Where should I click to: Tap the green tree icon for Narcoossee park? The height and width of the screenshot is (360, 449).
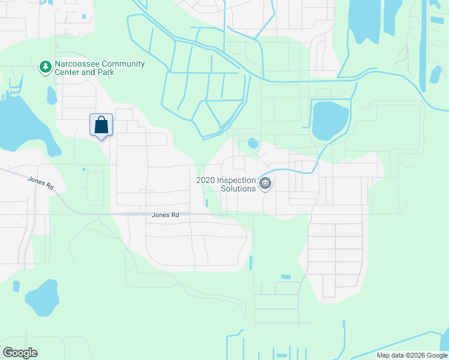[45, 67]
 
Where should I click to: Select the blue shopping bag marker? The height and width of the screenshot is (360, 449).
[101, 125]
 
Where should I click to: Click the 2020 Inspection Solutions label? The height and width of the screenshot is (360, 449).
[226, 184]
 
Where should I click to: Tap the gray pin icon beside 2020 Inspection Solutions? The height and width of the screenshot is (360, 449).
[265, 184]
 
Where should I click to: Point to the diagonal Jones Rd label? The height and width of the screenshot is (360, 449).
[41, 183]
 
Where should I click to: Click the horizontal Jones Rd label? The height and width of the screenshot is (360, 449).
[166, 215]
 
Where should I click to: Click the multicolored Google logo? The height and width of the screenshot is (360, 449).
[20, 353]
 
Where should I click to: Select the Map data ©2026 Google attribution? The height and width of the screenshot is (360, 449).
[412, 355]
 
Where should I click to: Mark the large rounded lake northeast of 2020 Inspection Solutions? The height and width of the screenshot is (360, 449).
[330, 120]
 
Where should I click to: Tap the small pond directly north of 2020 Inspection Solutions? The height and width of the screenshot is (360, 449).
[253, 143]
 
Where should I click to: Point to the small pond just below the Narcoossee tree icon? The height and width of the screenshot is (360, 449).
[52, 94]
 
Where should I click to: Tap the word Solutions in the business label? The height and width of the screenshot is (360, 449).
[239, 188]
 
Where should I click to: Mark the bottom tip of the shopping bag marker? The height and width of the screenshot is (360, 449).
[101, 140]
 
